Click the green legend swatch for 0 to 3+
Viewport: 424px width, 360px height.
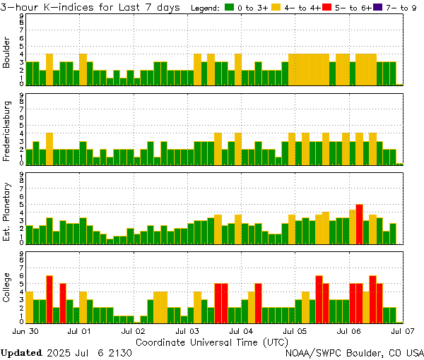coord(230,8)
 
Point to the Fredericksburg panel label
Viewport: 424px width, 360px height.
coord(7,131)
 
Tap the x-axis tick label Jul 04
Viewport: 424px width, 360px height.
coord(242,330)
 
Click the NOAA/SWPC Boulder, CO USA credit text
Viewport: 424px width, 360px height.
coord(354,352)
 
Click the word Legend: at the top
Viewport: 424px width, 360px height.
coord(206,8)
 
